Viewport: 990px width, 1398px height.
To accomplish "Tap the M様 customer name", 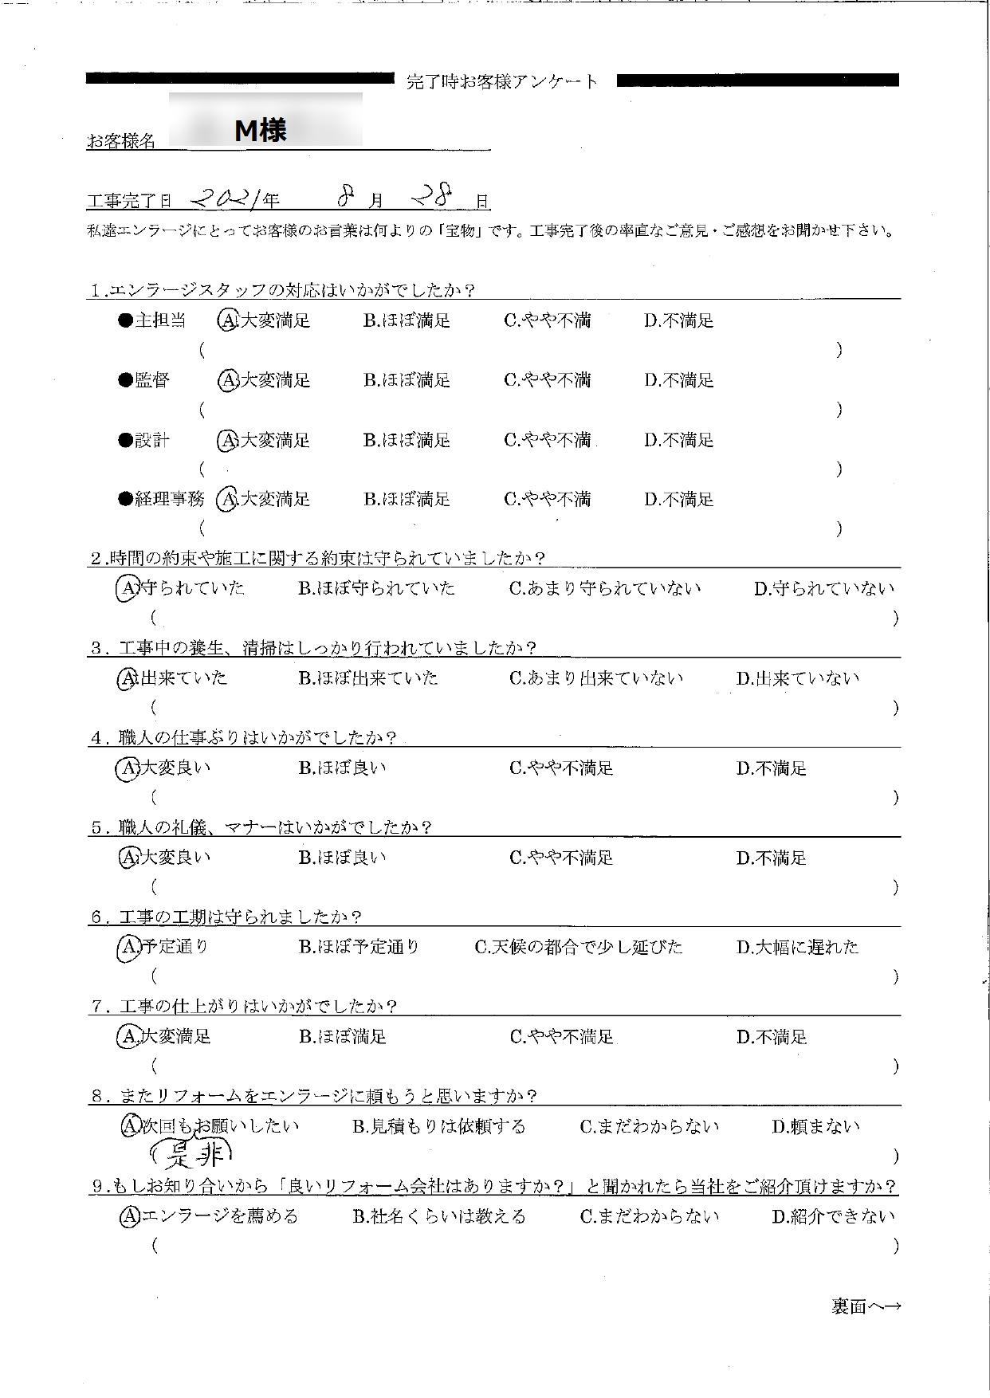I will (x=261, y=129).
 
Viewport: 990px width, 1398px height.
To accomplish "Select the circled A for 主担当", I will (x=227, y=320).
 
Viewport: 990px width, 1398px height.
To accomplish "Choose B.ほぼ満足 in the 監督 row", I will (x=407, y=380).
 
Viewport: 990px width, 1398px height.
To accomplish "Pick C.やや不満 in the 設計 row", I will (x=547, y=440).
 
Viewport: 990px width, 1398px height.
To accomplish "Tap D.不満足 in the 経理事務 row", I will (x=678, y=500).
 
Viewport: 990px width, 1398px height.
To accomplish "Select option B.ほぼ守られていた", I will (x=376, y=589).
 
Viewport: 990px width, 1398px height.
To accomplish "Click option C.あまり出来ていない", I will (x=595, y=678).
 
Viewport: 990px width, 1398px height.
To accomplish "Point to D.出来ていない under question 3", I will (x=797, y=678).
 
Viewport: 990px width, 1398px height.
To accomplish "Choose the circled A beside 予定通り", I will (x=128, y=947).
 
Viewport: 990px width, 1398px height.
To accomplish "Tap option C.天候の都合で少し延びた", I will (x=579, y=947).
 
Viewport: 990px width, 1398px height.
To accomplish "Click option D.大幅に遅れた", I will (x=797, y=947).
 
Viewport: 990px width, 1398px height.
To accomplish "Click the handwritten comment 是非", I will (x=192, y=1151).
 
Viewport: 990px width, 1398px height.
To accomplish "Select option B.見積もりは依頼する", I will (x=438, y=1126).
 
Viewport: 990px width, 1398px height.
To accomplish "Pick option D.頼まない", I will (x=815, y=1126).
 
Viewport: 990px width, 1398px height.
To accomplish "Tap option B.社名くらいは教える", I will (x=438, y=1216).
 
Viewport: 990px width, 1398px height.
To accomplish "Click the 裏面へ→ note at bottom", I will (x=866, y=1306).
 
